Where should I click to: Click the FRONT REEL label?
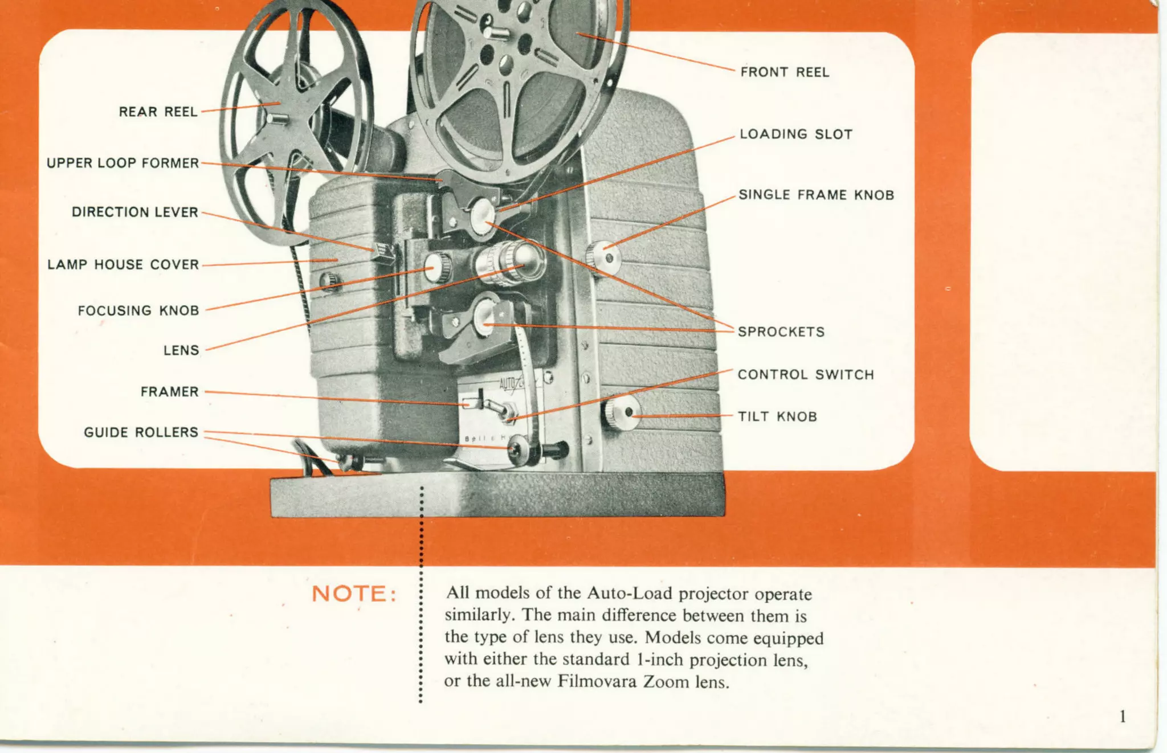[785, 72]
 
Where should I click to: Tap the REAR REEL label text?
[158, 112]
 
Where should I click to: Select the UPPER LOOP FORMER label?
[123, 163]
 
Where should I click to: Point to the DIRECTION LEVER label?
[134, 212]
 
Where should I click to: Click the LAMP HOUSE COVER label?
[123, 264]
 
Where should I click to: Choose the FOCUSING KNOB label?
[138, 310]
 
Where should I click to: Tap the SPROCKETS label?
[781, 332]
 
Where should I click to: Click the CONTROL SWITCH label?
[805, 374]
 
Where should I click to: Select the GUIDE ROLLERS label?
[141, 432]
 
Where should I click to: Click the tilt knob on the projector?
[621, 412]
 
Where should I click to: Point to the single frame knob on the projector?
[603, 257]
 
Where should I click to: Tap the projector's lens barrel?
[510, 263]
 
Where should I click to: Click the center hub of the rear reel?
[278, 118]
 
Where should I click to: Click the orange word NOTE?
[354, 594]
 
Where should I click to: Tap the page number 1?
[1122, 717]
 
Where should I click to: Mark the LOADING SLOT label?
[795, 134]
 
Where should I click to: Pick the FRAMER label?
[169, 392]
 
